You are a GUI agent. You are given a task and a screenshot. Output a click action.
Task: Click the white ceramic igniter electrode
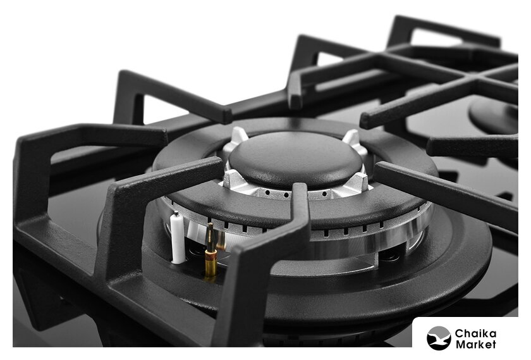click(178, 239)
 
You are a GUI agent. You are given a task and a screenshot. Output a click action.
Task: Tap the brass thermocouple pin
click(211, 252)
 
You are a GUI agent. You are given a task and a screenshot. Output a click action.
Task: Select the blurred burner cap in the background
click(494, 115)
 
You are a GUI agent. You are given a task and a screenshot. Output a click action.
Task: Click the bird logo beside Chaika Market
click(439, 338)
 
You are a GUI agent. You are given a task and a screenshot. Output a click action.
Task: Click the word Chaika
click(476, 333)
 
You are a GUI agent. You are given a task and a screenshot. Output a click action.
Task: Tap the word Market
click(476, 344)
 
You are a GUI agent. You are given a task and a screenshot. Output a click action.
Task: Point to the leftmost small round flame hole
click(267, 192)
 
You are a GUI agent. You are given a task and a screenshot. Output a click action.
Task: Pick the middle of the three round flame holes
click(286, 195)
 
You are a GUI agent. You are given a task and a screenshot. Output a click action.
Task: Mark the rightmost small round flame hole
click(324, 194)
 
